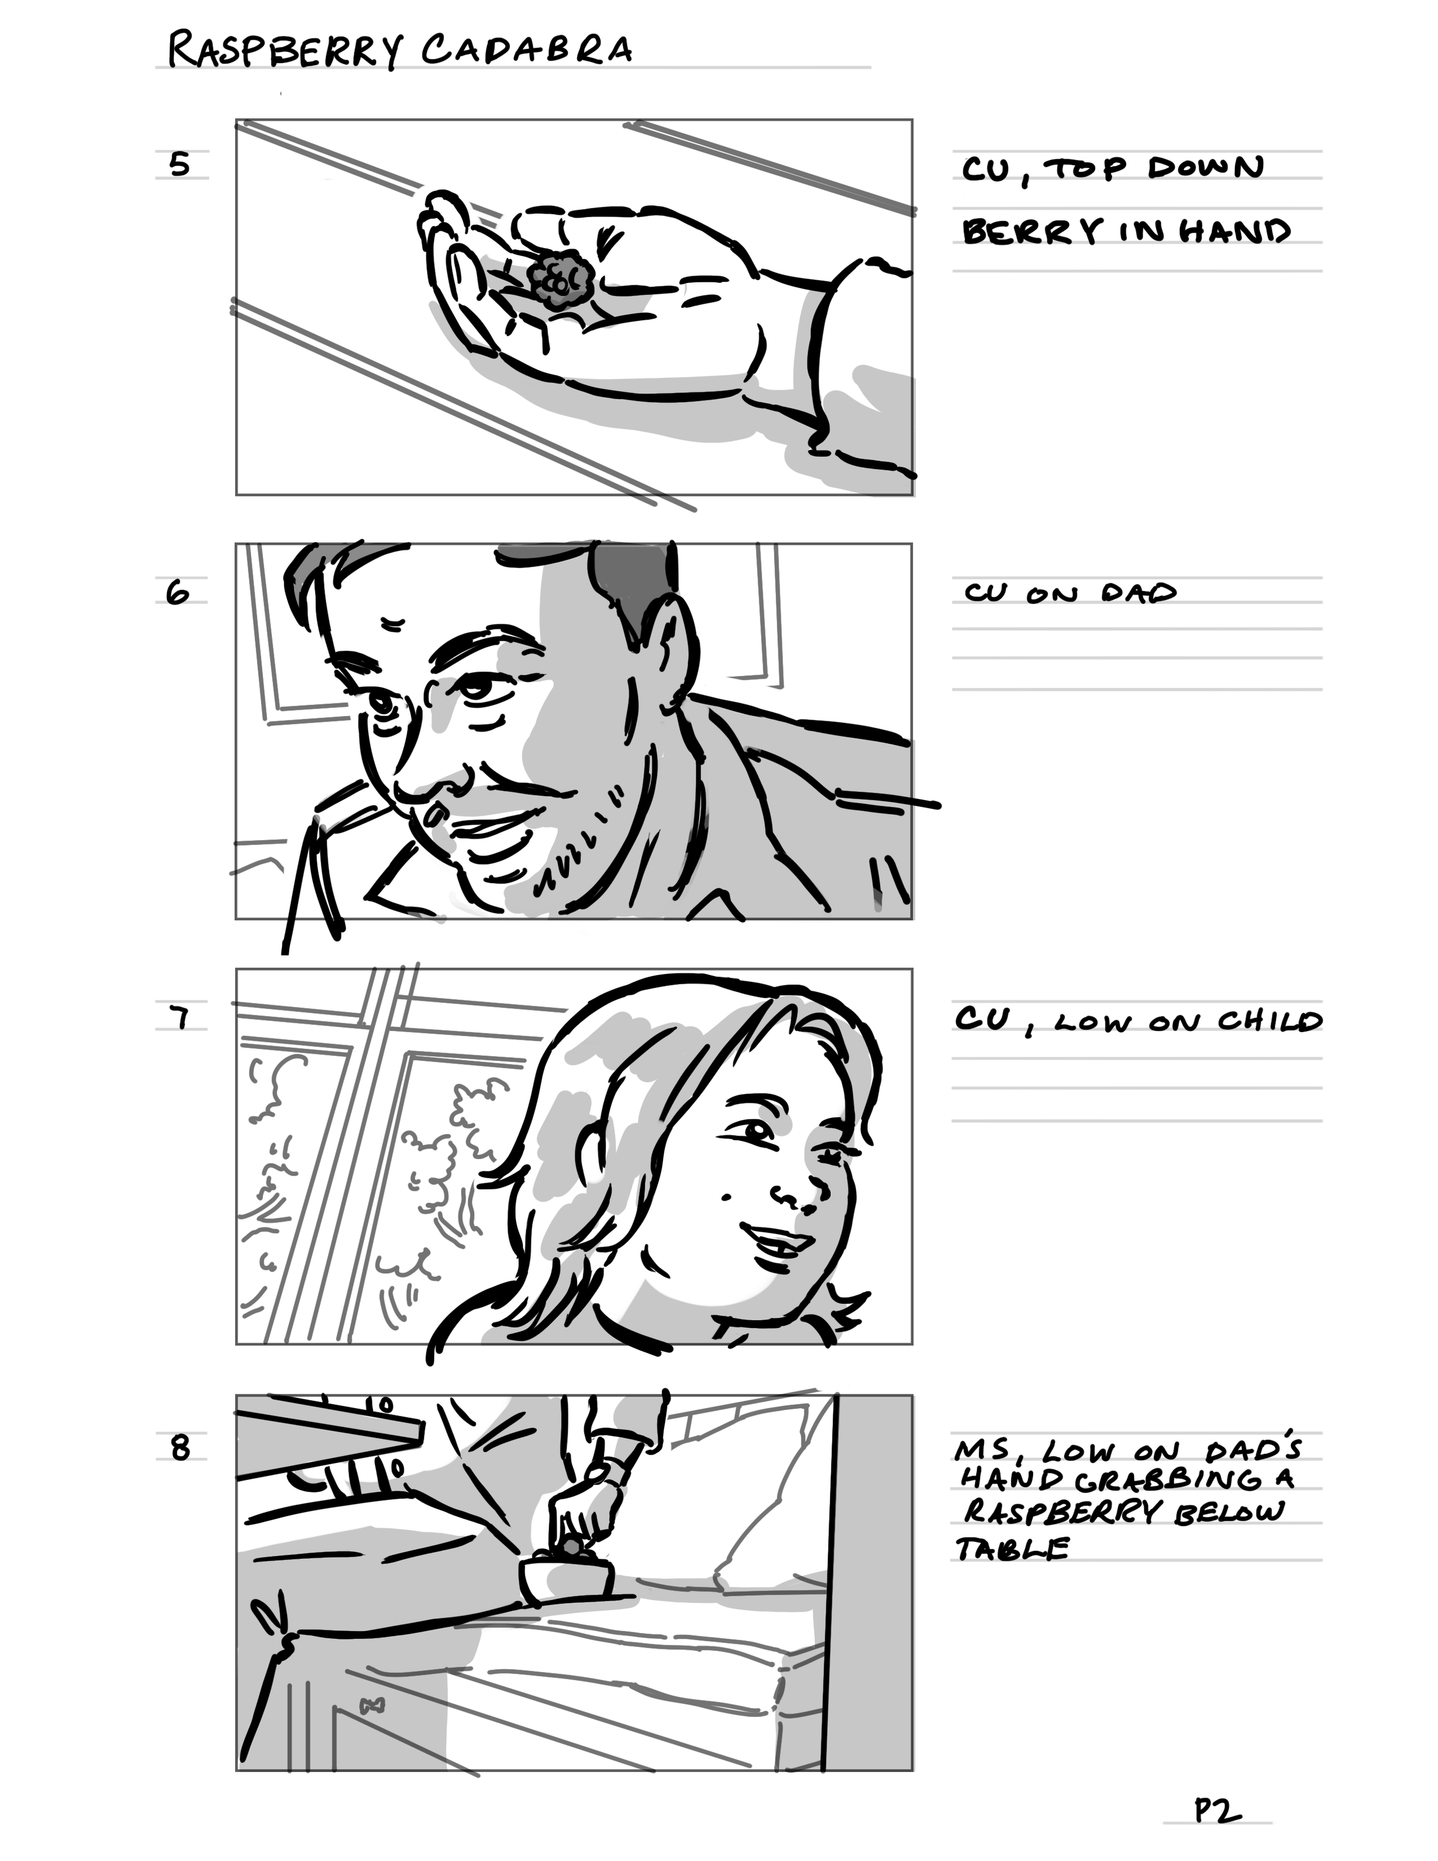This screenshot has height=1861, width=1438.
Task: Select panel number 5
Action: (x=179, y=163)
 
